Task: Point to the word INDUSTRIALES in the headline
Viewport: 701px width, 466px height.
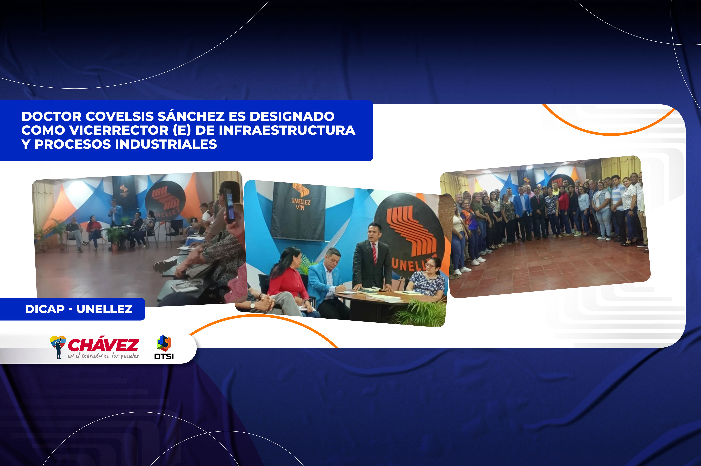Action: tap(166, 144)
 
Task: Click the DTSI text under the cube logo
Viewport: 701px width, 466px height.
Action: tap(164, 356)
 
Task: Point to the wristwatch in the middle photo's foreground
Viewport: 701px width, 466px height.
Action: tap(252, 305)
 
